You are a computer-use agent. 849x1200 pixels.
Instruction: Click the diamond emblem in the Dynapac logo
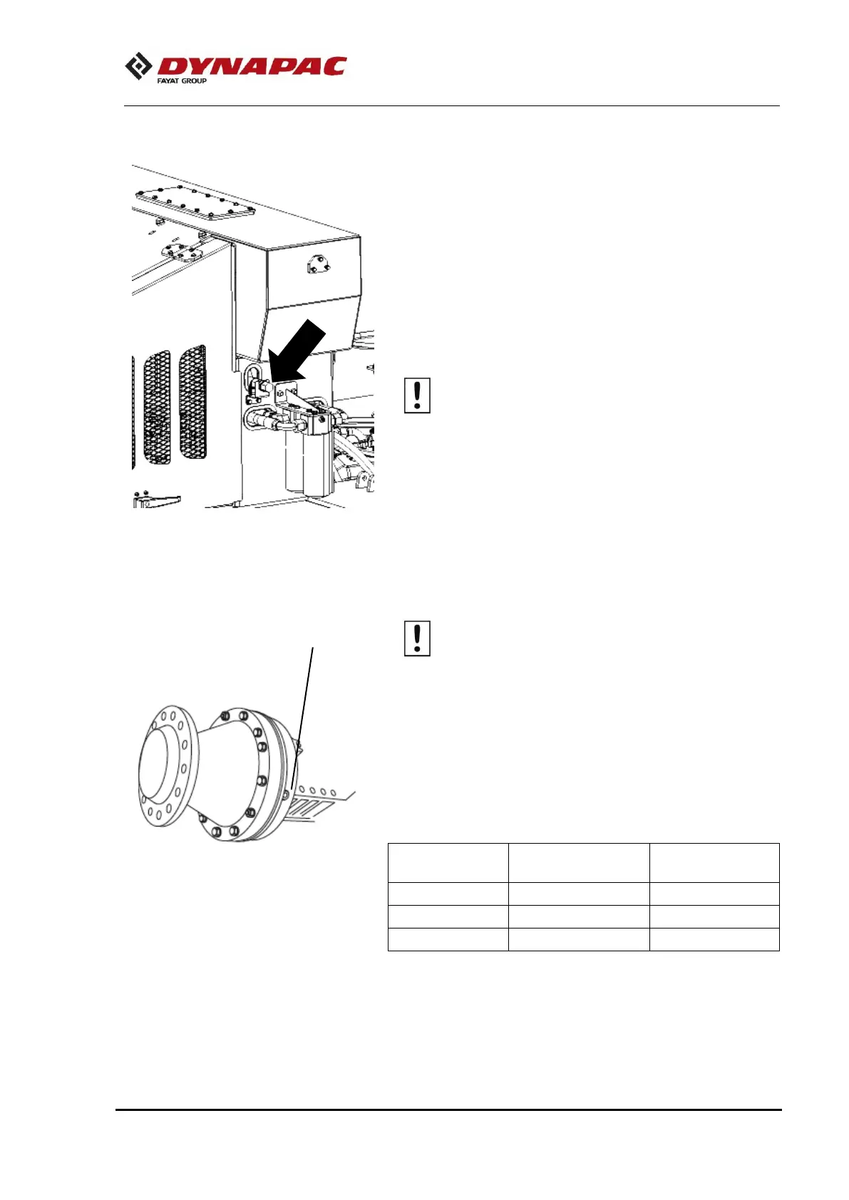[139, 66]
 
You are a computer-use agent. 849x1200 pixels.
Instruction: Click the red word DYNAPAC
[251, 66]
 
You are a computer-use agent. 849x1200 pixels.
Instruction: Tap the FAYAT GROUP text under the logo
[182, 81]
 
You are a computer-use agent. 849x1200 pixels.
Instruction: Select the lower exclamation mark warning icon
[417, 638]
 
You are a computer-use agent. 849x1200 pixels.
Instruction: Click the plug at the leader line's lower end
[287, 794]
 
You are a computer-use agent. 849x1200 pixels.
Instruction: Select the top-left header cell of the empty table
[448, 863]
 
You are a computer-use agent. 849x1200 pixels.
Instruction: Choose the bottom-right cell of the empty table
[714, 939]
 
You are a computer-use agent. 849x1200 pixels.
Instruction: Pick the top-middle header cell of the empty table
[578, 863]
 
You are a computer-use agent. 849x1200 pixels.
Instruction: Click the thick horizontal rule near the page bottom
[449, 1110]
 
